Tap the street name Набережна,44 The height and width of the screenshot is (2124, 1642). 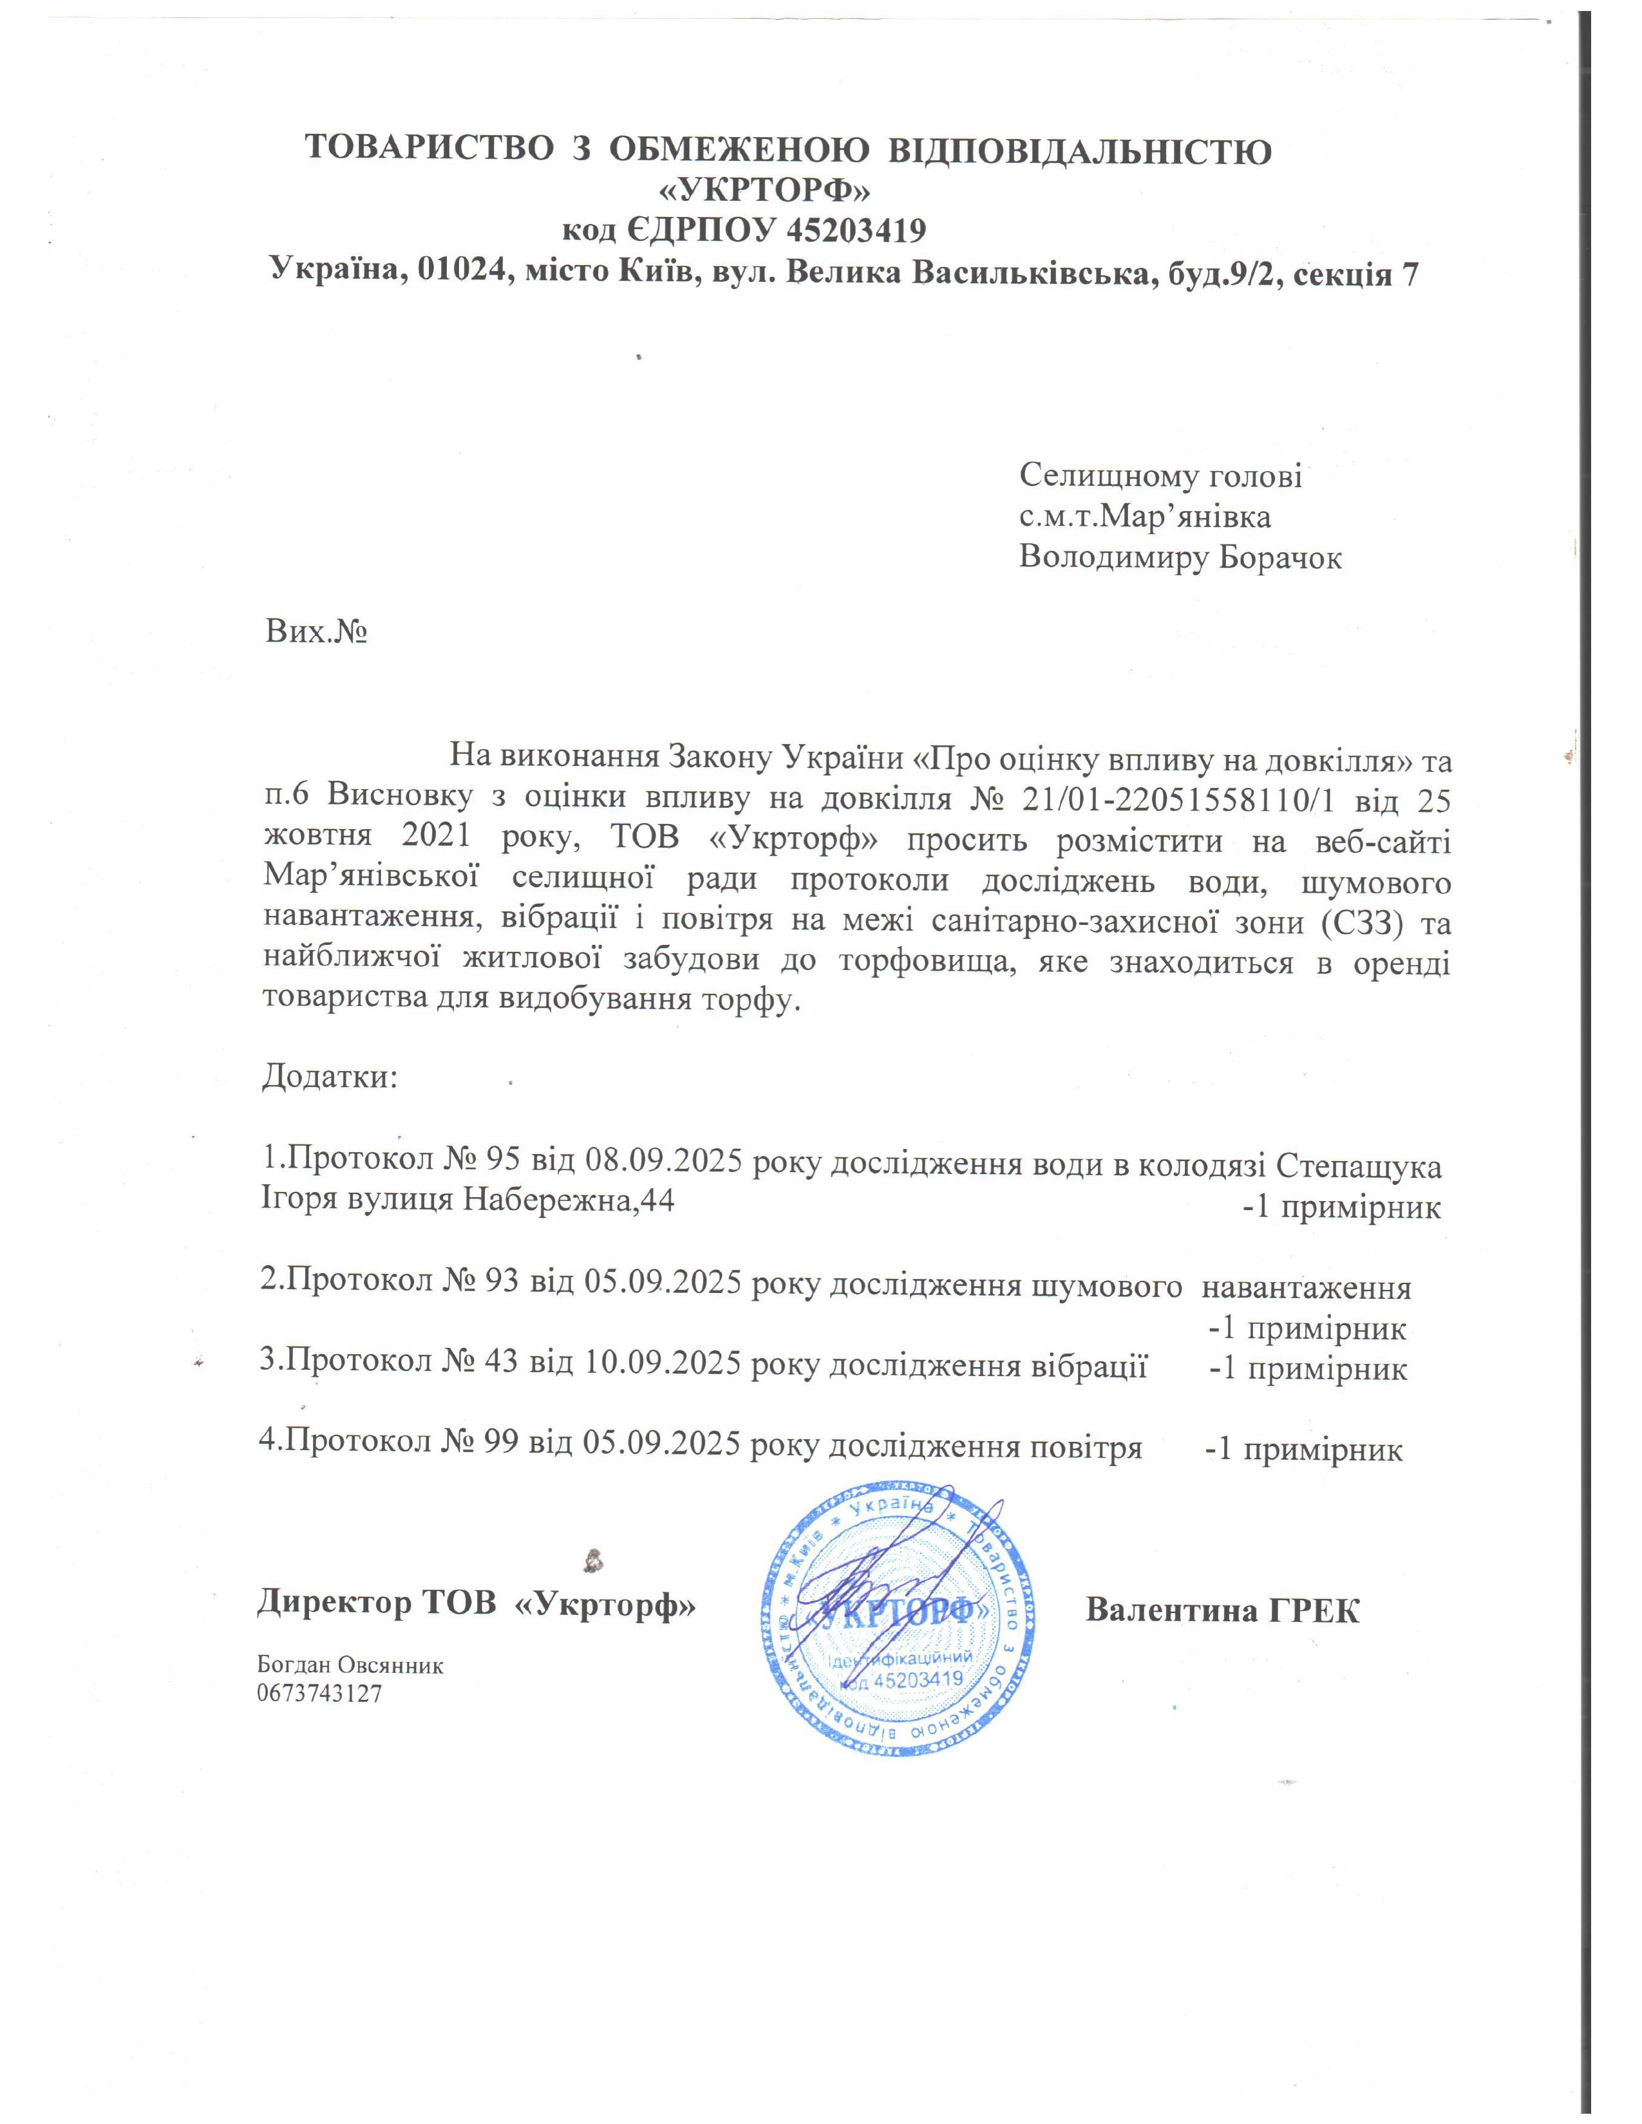[x=567, y=1200]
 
